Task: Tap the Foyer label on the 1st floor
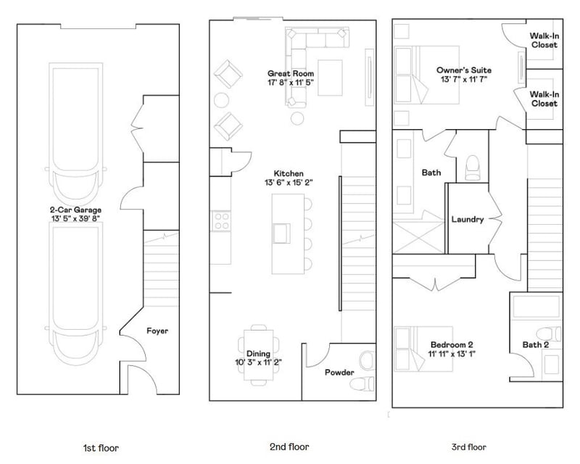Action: tap(157, 331)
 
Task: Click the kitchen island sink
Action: tap(280, 232)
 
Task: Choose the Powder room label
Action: tap(339, 373)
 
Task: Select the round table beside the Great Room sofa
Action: tap(297, 119)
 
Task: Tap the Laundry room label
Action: tap(467, 219)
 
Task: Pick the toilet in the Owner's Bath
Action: tap(472, 166)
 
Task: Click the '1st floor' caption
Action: tap(101, 447)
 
